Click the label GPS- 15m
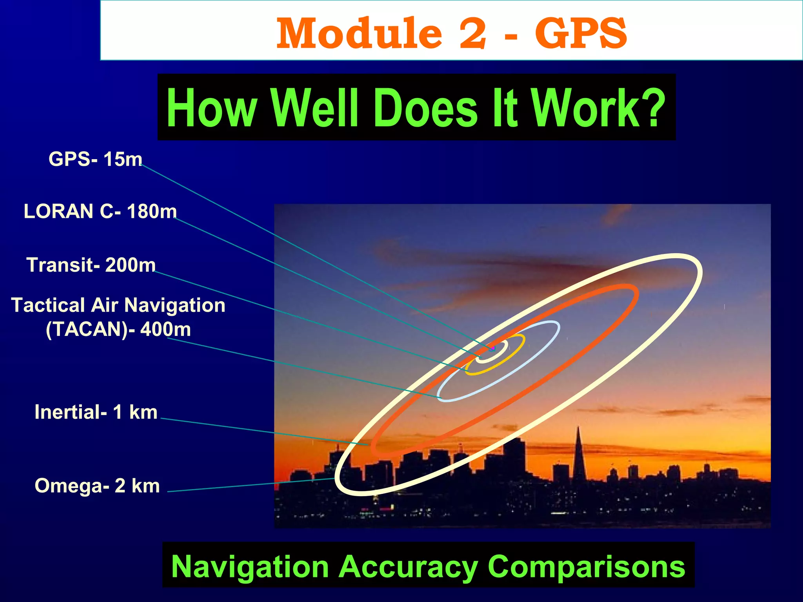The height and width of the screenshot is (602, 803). click(x=95, y=160)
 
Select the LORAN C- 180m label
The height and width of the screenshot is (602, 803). click(x=100, y=212)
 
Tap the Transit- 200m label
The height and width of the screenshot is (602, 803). click(x=91, y=265)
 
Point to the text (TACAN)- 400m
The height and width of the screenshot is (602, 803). click(x=118, y=329)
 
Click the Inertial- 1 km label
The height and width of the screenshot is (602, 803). click(x=96, y=412)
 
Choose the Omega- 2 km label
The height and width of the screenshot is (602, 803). click(x=97, y=486)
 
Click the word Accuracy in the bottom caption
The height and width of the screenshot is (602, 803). click(x=408, y=567)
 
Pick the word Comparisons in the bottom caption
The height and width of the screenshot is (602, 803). click(x=586, y=567)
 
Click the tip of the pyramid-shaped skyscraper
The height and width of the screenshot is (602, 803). click(x=578, y=428)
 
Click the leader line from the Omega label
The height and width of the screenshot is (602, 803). click(x=251, y=485)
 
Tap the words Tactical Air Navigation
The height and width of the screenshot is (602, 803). click(x=118, y=305)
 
